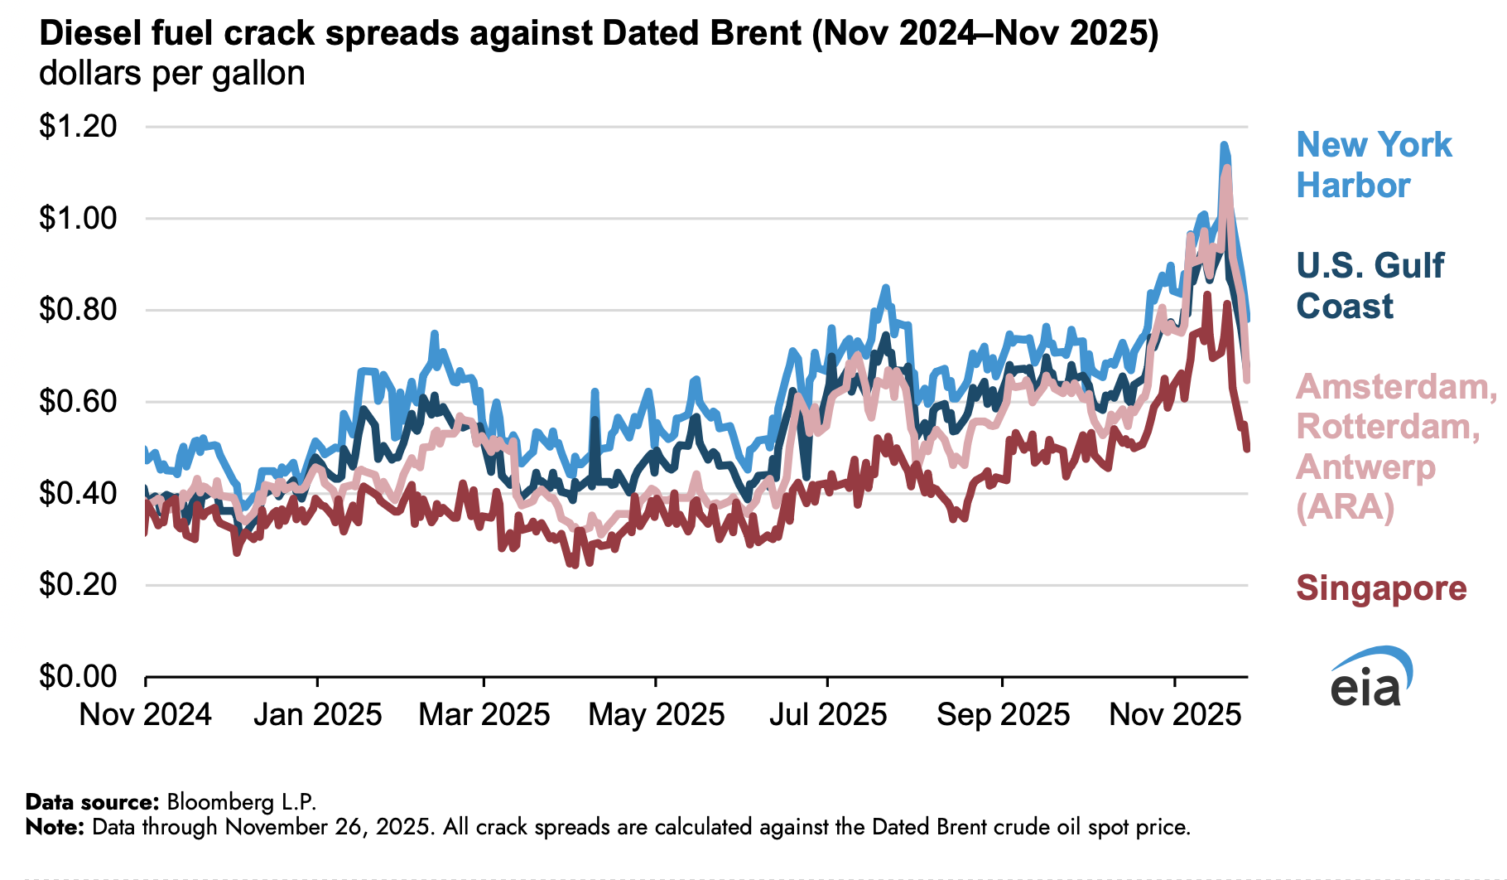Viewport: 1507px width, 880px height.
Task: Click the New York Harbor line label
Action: [x=1374, y=165]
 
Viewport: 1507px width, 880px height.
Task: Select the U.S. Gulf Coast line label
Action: [x=1370, y=286]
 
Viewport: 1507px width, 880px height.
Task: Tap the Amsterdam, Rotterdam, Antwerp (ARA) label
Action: [x=1396, y=447]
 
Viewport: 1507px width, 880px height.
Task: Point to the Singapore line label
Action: [x=1381, y=588]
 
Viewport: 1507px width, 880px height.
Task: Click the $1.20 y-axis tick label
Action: [x=78, y=127]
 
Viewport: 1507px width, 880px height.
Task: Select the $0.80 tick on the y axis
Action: [x=78, y=310]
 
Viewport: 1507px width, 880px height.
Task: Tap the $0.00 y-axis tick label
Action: [x=78, y=676]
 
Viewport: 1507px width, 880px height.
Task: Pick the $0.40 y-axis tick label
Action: [x=78, y=493]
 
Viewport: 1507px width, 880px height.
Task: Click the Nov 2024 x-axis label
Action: [x=146, y=714]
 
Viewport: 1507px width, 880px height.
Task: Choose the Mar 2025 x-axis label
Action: [x=484, y=714]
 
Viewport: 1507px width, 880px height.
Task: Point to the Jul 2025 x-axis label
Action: [x=828, y=714]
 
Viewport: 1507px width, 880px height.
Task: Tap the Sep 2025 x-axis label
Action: [x=1003, y=714]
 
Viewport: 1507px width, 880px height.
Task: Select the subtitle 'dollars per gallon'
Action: [x=172, y=74]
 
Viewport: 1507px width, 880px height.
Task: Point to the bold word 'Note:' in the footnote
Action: [x=55, y=827]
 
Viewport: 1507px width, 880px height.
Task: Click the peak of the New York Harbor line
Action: [x=1223, y=145]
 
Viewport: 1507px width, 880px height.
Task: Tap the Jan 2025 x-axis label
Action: [x=317, y=714]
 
